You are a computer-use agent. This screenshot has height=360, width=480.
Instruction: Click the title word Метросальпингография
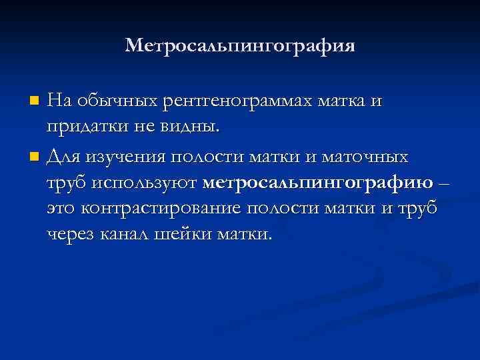coord(240,46)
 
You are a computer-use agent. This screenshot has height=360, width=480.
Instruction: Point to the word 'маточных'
coord(365,157)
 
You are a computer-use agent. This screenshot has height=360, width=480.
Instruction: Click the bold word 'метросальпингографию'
coord(317,182)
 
